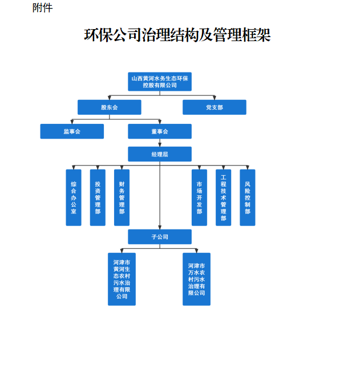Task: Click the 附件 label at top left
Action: [42, 8]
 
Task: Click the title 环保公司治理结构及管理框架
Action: [177, 35]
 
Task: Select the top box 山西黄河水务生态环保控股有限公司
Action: [160, 82]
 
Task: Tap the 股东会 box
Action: [109, 107]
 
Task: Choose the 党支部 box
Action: [214, 107]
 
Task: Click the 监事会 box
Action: [72, 131]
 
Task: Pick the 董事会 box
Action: [160, 131]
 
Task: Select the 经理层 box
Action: [160, 154]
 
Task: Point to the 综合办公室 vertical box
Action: [74, 197]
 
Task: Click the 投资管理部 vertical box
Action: [98, 197]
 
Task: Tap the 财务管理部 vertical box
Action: [122, 197]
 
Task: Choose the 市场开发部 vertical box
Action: [199, 197]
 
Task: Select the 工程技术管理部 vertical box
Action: [223, 197]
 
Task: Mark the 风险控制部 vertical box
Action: [247, 197]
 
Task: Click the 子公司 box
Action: [160, 236]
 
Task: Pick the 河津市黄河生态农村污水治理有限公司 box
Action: [122, 279]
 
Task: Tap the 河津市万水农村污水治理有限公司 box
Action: [196, 279]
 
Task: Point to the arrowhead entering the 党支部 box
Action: [215, 98]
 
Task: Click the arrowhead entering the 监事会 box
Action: [72, 122]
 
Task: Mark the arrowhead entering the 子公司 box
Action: [160, 227]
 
